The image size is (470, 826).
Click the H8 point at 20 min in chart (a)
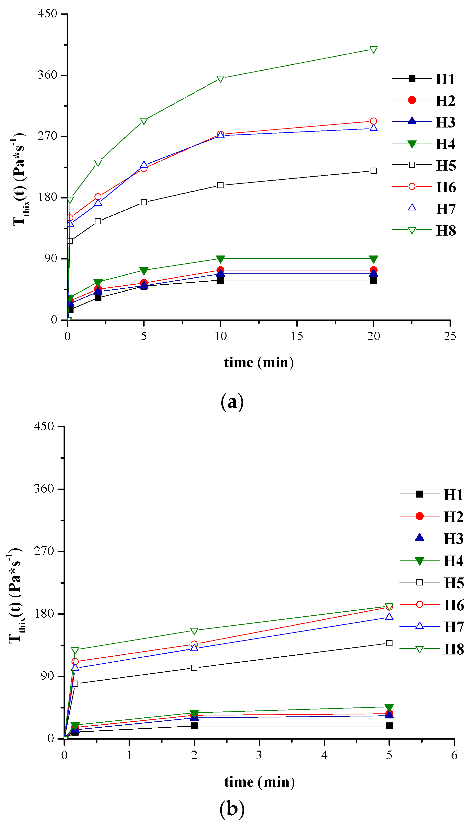(x=374, y=50)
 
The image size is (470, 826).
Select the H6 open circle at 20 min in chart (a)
(x=374, y=121)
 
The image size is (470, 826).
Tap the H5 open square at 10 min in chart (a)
(x=221, y=185)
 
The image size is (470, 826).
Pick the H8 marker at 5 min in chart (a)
(x=144, y=121)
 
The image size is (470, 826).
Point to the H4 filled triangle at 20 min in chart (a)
(x=374, y=259)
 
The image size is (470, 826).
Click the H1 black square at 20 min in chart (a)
(x=374, y=280)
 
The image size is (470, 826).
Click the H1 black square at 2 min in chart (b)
(x=194, y=726)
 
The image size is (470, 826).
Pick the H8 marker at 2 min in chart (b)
(x=194, y=631)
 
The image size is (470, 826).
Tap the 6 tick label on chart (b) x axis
(x=454, y=755)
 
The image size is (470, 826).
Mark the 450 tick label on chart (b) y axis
(x=44, y=426)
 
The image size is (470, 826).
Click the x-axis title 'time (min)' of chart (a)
(x=259, y=363)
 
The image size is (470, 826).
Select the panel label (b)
(x=232, y=809)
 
